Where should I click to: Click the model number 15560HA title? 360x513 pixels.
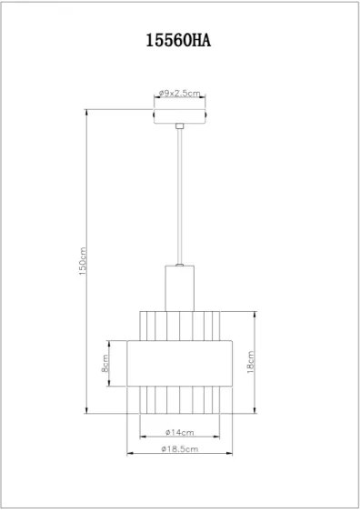[180, 40]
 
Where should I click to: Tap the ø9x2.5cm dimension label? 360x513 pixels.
[179, 94]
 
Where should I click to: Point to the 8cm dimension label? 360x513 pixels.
[105, 367]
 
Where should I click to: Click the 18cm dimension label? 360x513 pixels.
[250, 361]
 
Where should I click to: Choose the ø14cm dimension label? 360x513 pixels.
[180, 431]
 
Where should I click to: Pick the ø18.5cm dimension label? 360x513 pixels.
[179, 449]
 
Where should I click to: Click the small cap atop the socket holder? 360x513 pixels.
[180, 264]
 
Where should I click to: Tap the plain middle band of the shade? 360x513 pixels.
[180, 367]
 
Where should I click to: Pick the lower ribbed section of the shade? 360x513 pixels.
[180, 402]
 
